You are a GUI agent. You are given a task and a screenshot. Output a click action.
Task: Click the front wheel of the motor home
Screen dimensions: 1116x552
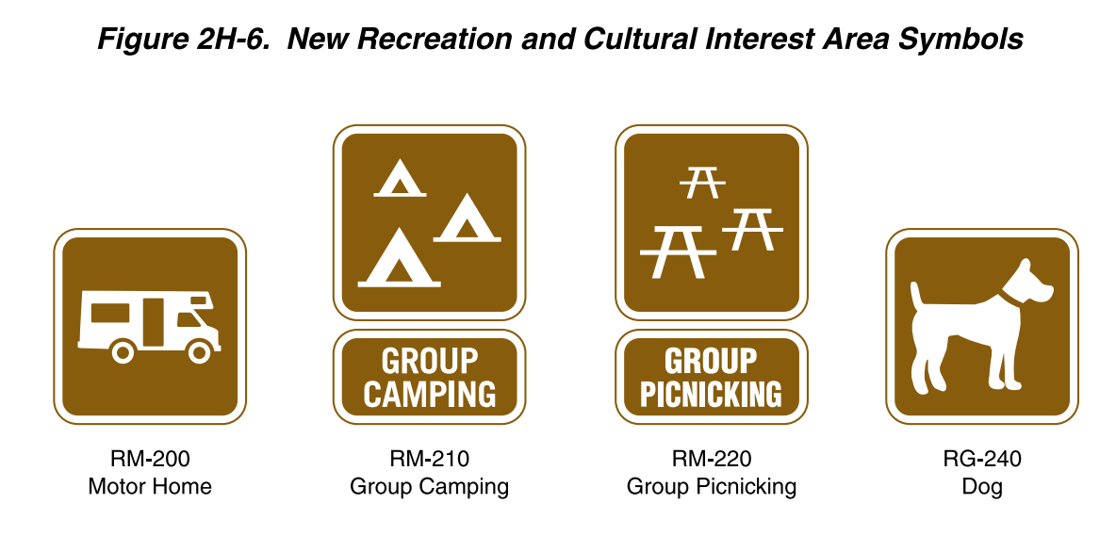tap(199, 352)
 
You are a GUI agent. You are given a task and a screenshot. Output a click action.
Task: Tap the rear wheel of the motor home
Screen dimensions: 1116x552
tap(123, 352)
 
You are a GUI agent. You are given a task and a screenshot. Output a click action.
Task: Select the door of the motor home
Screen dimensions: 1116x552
tap(153, 320)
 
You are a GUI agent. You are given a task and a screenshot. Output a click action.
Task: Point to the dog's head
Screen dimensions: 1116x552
tap(1030, 283)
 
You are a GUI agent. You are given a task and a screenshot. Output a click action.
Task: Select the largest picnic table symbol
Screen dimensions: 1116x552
tap(678, 252)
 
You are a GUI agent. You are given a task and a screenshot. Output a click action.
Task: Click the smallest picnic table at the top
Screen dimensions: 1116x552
tap(702, 182)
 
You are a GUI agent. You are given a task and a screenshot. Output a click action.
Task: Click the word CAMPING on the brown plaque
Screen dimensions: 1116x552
tap(429, 394)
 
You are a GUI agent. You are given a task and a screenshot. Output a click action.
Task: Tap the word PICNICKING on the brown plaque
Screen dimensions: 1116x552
tap(711, 394)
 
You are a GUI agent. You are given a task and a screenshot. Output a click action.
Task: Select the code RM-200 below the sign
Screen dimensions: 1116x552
tap(150, 460)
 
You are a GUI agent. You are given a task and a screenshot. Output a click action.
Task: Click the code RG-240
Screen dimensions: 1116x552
tap(982, 460)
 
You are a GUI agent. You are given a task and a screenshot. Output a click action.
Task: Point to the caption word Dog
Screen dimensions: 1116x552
tap(982, 487)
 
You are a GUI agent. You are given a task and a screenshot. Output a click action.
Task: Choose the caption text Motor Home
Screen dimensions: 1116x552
tap(150, 487)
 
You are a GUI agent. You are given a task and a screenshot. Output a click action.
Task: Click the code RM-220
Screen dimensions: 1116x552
tap(712, 460)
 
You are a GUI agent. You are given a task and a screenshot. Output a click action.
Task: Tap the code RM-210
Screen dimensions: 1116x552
tap(429, 460)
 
